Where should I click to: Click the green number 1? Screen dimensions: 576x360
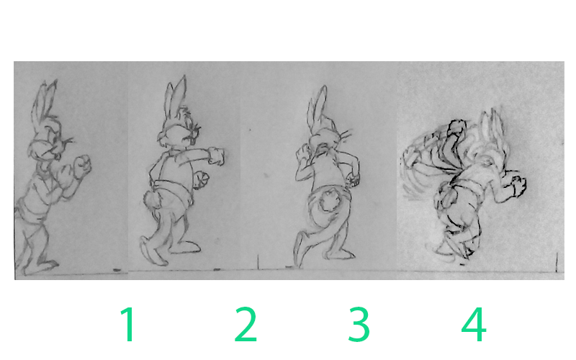127,324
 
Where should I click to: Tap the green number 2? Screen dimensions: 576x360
246,324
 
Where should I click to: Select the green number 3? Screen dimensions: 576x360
359,324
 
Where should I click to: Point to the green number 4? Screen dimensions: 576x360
474,324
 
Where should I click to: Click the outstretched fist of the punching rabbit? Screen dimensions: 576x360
217,156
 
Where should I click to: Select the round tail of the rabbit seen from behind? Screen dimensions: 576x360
330,199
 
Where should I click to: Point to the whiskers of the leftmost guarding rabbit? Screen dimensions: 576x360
68,140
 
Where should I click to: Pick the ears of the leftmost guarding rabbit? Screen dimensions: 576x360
46,101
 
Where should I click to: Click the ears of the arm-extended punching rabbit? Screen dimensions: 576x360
176,96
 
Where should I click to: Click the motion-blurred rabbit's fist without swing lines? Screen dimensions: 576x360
518,186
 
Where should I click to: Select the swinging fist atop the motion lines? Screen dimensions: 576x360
456,128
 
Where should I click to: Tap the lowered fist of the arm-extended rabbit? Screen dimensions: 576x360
202,180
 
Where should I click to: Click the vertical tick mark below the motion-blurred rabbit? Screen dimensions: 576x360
557,262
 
